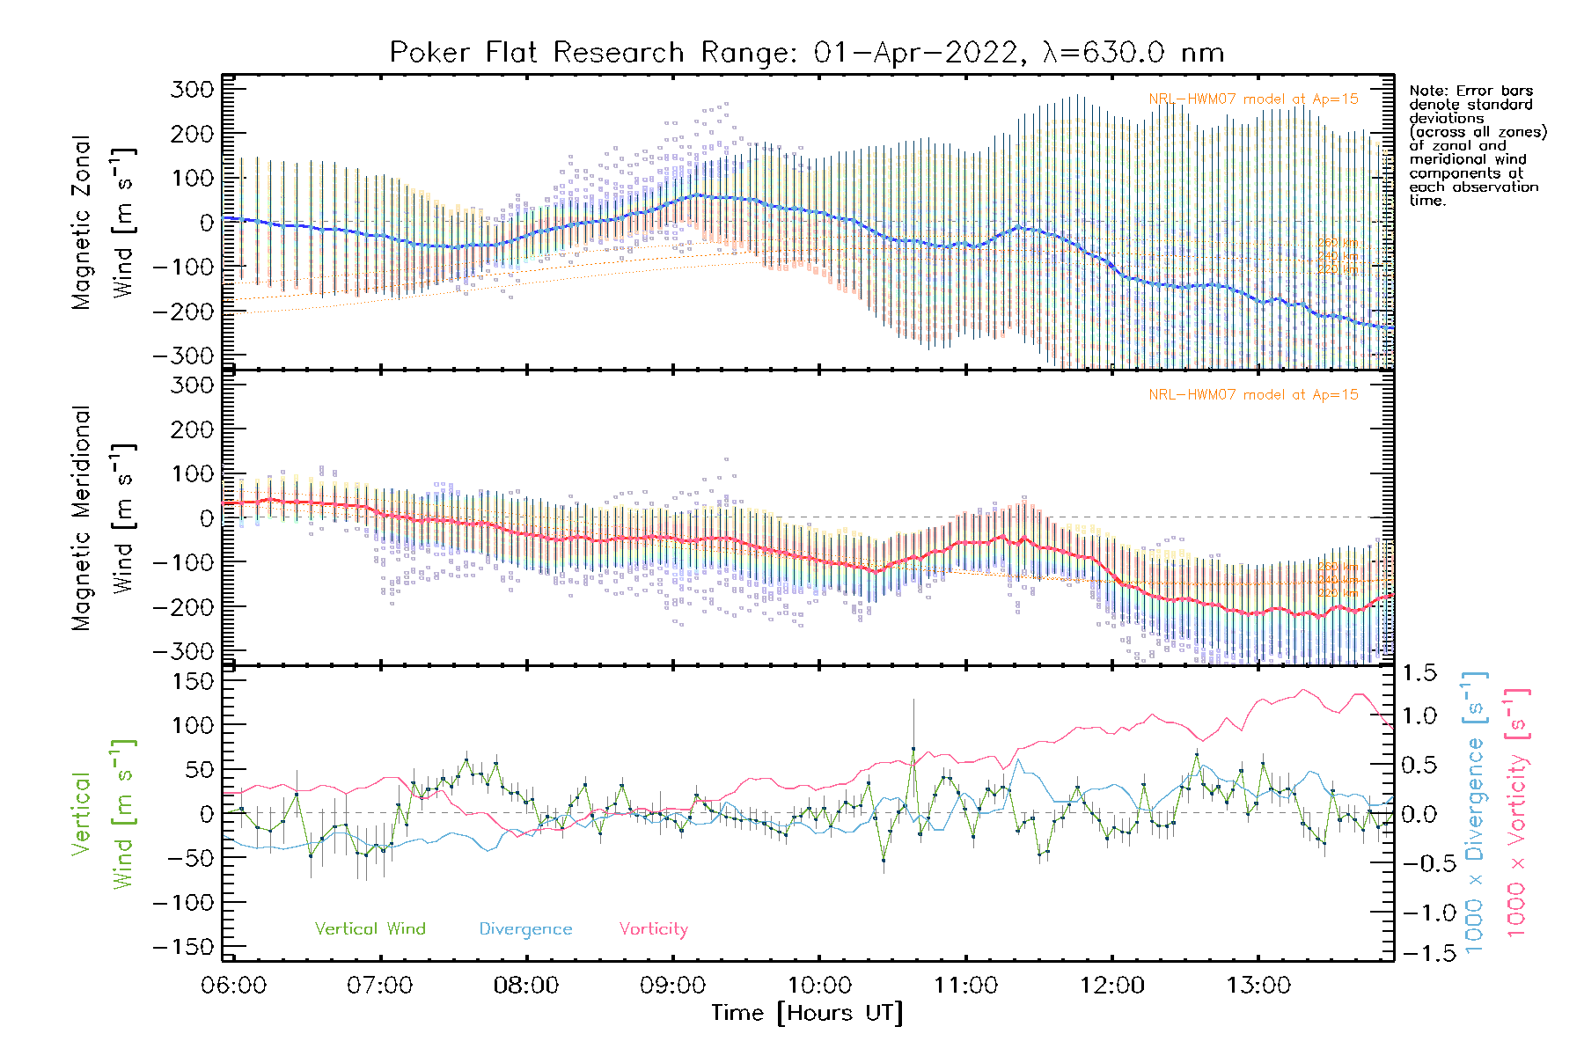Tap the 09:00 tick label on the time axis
click(672, 986)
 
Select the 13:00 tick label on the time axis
click(1258, 986)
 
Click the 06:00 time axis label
click(233, 986)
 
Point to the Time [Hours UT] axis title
click(807, 1013)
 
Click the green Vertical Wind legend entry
click(370, 928)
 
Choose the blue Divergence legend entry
click(525, 928)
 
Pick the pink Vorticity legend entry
click(653, 928)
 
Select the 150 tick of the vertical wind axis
click(194, 681)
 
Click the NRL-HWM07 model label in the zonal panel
click(1253, 99)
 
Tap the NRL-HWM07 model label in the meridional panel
click(1253, 395)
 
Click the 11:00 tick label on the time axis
click(965, 986)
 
